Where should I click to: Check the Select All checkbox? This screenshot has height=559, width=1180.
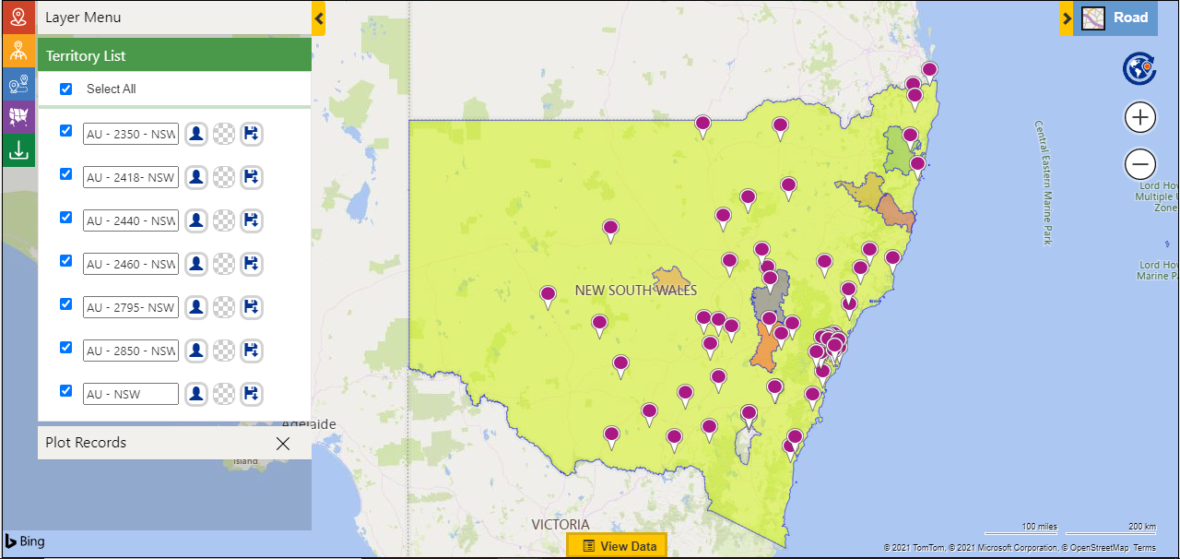(65, 89)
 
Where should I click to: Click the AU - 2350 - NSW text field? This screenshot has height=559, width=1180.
(130, 134)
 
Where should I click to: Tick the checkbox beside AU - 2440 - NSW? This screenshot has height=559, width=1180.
(65, 217)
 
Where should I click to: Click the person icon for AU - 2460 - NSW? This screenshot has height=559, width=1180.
(196, 264)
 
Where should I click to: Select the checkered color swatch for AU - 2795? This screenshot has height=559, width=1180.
(224, 307)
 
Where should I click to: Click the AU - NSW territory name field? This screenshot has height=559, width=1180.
(130, 394)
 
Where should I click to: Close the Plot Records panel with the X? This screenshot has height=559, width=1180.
(283, 444)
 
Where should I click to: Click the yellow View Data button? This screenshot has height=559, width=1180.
(617, 546)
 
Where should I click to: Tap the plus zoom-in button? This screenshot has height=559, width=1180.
(1140, 118)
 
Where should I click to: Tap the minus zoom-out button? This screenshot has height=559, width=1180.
(1140, 165)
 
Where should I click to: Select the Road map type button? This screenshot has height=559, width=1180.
(1115, 18)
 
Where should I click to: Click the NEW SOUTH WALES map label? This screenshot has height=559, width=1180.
(636, 291)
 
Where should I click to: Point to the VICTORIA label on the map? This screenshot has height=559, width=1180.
(560, 524)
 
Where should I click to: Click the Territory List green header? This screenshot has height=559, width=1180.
(174, 55)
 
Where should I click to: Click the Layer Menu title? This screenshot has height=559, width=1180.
(83, 18)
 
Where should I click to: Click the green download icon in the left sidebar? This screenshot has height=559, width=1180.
(18, 150)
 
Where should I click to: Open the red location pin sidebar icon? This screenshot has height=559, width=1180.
(18, 18)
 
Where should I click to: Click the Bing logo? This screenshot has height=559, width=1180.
(25, 541)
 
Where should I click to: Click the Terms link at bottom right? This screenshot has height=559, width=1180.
(1144, 548)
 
